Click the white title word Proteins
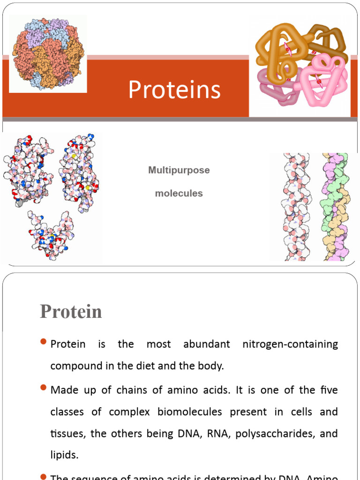(x=174, y=90)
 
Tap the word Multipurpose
(x=179, y=171)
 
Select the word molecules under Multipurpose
(x=179, y=193)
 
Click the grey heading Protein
(x=71, y=311)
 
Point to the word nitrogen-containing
(x=290, y=345)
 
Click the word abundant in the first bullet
(x=207, y=344)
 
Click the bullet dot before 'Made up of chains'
(x=44, y=388)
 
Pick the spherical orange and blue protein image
(x=48, y=53)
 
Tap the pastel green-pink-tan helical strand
(x=334, y=206)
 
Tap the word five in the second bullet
(x=328, y=390)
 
